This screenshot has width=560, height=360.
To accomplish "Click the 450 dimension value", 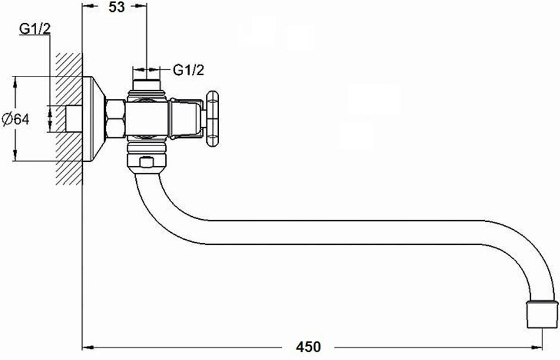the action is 308,347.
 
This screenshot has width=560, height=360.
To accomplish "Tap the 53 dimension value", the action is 117,7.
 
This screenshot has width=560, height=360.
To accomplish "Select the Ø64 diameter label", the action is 16,119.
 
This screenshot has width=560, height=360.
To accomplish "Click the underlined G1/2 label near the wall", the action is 35,29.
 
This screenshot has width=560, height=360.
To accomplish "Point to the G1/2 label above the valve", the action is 189,70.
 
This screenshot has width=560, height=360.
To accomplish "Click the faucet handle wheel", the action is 212,118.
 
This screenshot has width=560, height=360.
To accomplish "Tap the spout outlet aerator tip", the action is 542,314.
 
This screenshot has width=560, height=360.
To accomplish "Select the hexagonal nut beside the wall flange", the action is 115,118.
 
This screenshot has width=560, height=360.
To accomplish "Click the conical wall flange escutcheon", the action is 94,118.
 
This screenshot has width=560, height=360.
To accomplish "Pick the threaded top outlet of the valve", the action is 146,85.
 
